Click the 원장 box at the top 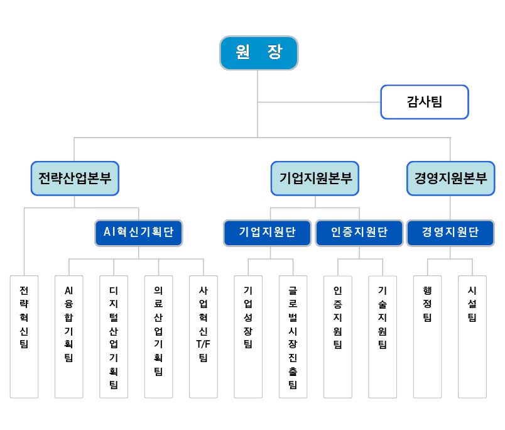[259, 53]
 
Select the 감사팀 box [425, 102]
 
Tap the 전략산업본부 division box [75, 179]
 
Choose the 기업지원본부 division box [315, 179]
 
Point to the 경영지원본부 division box [450, 179]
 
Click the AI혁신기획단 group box [138, 233]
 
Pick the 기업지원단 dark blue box [268, 233]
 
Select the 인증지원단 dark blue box [359, 233]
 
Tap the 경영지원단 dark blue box [450, 233]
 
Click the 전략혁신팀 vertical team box [24, 337]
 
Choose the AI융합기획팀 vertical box [69, 337]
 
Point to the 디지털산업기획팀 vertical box [114, 337]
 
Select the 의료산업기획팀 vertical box [158, 337]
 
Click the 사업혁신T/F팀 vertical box [204, 337]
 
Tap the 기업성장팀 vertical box [248, 337]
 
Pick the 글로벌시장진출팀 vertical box [293, 337]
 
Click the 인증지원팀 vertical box [337, 337]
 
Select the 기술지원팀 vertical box [383, 337]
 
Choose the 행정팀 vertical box [427, 337]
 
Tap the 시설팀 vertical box [472, 337]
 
